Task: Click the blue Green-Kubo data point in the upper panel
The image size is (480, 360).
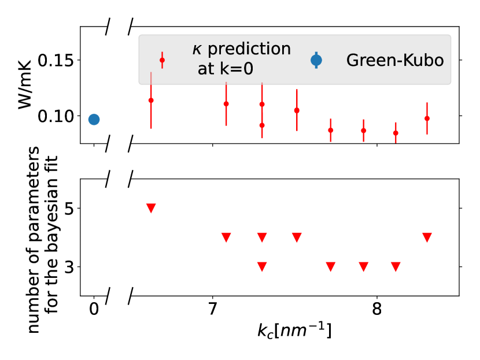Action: (x=94, y=119)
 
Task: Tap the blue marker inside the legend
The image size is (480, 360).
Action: (x=316, y=60)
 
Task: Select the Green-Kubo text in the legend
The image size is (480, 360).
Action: (x=395, y=60)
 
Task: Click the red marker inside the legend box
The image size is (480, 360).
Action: (x=162, y=60)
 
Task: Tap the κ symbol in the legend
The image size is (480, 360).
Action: (x=197, y=50)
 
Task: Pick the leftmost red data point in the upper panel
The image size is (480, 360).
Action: (x=151, y=100)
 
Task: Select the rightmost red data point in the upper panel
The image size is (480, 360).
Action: (x=427, y=118)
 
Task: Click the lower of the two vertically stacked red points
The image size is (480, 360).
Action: (x=262, y=125)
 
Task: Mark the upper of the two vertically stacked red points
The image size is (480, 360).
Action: (x=262, y=104)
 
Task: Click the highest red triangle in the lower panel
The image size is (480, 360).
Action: (x=151, y=208)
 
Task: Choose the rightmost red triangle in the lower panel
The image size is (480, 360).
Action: (x=427, y=237)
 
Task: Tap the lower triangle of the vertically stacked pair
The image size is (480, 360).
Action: (x=262, y=267)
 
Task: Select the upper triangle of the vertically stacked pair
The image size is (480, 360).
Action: (x=262, y=237)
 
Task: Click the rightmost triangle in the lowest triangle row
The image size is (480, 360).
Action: (x=396, y=267)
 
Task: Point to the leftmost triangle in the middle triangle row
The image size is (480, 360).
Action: (x=226, y=237)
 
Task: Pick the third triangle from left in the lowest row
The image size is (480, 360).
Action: (x=363, y=267)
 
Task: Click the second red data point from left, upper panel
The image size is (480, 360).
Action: (x=226, y=104)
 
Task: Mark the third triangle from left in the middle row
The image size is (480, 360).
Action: (x=297, y=237)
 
